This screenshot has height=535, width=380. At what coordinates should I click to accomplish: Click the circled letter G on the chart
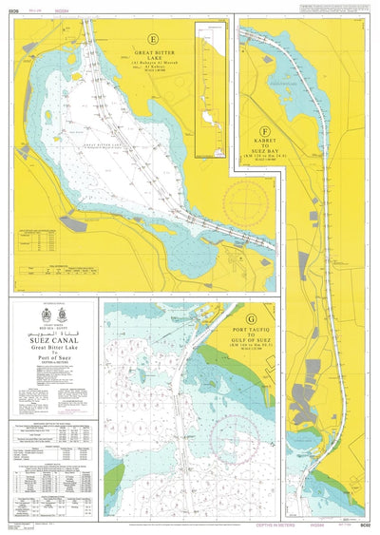click(x=250, y=319)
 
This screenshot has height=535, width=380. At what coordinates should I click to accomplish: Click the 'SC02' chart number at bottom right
click(x=364, y=525)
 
